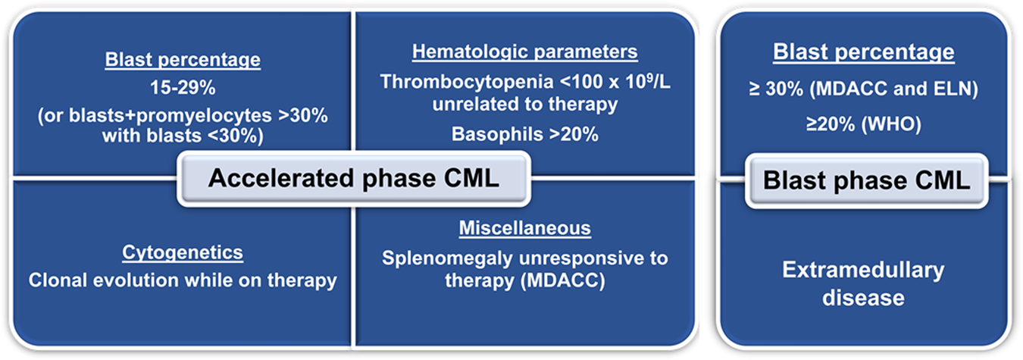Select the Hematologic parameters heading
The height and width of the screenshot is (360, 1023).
[x=524, y=52]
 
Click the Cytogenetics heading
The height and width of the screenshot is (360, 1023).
[x=183, y=253]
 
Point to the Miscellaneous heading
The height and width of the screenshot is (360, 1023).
[x=524, y=228]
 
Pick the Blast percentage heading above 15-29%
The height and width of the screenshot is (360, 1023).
[x=183, y=60]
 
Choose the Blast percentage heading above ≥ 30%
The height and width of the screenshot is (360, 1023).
[x=863, y=52]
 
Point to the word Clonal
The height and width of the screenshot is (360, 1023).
[x=58, y=280]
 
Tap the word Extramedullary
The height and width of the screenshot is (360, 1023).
[x=864, y=270]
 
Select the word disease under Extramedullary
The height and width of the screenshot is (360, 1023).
[x=864, y=297]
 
